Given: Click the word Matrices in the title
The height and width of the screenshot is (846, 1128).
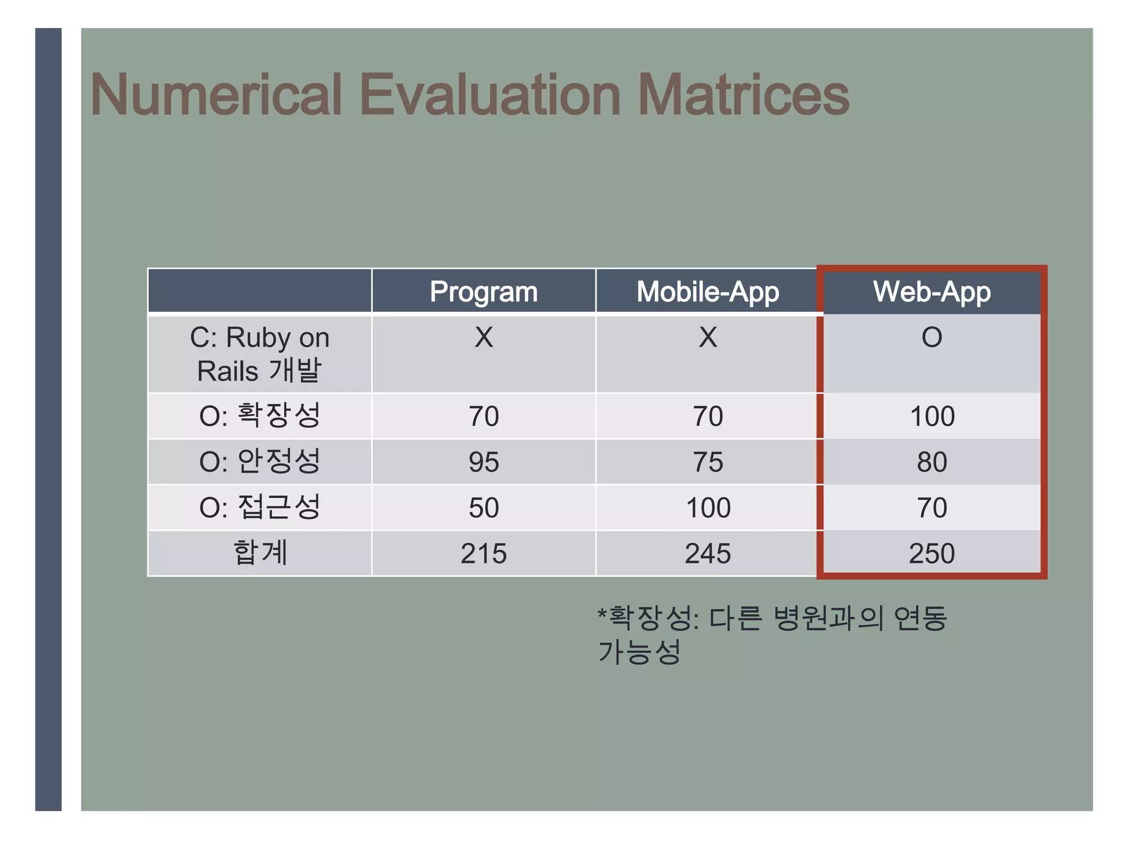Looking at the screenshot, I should pos(744,95).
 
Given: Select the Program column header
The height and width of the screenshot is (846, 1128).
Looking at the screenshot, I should pos(484,291).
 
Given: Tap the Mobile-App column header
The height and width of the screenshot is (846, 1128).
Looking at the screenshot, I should pos(708,291).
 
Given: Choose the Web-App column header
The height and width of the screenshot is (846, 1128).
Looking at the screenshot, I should pos(932,291).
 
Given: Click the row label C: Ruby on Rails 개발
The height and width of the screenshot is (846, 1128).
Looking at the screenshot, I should pos(259,354).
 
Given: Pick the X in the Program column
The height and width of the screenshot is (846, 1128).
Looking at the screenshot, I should pos(484,337).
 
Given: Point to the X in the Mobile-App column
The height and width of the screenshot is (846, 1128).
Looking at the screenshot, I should pos(708,337).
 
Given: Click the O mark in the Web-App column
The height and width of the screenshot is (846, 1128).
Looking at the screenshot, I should pos(932,337).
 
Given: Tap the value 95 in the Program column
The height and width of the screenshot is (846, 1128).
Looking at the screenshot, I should pos(484,462).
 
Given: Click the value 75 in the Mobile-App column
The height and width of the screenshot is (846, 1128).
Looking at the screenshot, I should pos(708,462).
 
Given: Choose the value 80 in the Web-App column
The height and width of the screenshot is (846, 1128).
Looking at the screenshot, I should pos(932,462).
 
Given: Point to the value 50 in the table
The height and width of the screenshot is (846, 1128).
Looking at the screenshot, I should pos(484,507).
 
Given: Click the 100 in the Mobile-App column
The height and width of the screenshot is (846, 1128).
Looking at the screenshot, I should pos(708,507).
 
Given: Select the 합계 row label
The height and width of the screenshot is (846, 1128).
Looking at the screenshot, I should pos(259,552).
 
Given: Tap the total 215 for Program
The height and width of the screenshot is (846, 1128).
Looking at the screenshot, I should pos(484,553).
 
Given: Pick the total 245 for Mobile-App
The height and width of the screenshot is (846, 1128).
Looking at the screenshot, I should pos(708,553).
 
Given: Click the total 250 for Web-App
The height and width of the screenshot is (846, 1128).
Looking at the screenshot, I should pos(932,553).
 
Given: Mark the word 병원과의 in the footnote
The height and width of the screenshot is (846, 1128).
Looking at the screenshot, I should pos(828,618).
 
